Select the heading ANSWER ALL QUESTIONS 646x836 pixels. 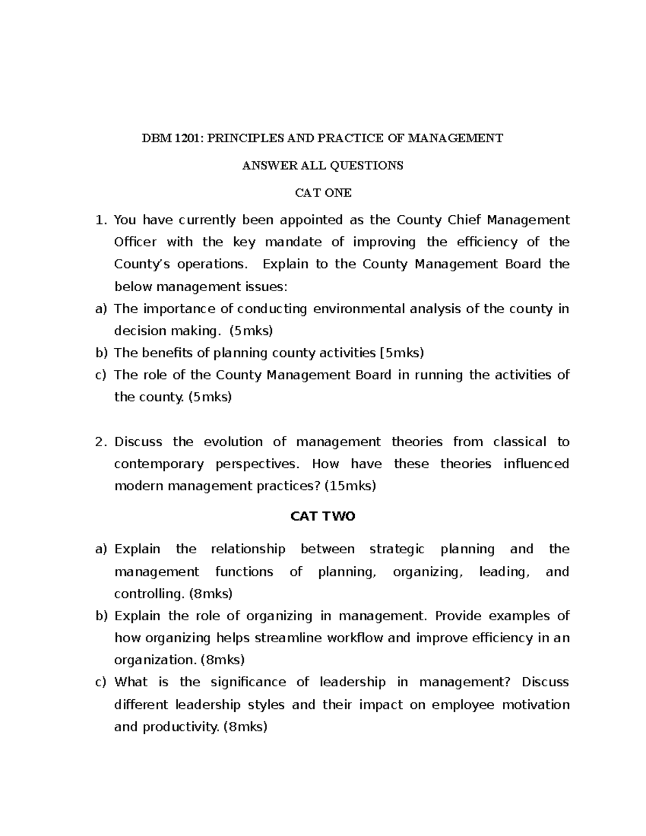[322, 165]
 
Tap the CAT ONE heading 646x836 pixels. [323, 193]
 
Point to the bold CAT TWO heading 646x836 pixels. [322, 516]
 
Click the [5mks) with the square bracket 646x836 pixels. [402, 353]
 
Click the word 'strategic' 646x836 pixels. [397, 549]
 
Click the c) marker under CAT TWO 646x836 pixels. [100, 683]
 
